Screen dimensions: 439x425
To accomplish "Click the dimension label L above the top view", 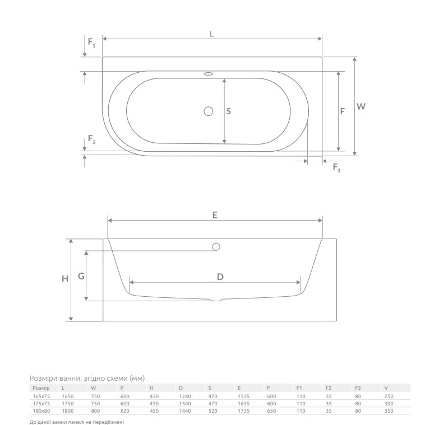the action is [x=212, y=34].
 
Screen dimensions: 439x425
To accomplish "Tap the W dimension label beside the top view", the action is [x=361, y=106].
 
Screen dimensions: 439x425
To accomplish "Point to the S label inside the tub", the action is [x=228, y=111].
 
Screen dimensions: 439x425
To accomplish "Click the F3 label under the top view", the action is [x=336, y=168].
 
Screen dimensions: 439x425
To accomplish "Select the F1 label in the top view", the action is [x=91, y=43].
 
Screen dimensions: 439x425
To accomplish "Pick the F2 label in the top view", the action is [x=91, y=139].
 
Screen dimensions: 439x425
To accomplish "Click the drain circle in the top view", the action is [x=209, y=111].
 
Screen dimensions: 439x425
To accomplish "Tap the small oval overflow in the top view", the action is [x=209, y=74].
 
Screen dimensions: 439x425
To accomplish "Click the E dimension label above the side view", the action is [x=215, y=215].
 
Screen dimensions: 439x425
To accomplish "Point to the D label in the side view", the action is [x=220, y=277].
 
